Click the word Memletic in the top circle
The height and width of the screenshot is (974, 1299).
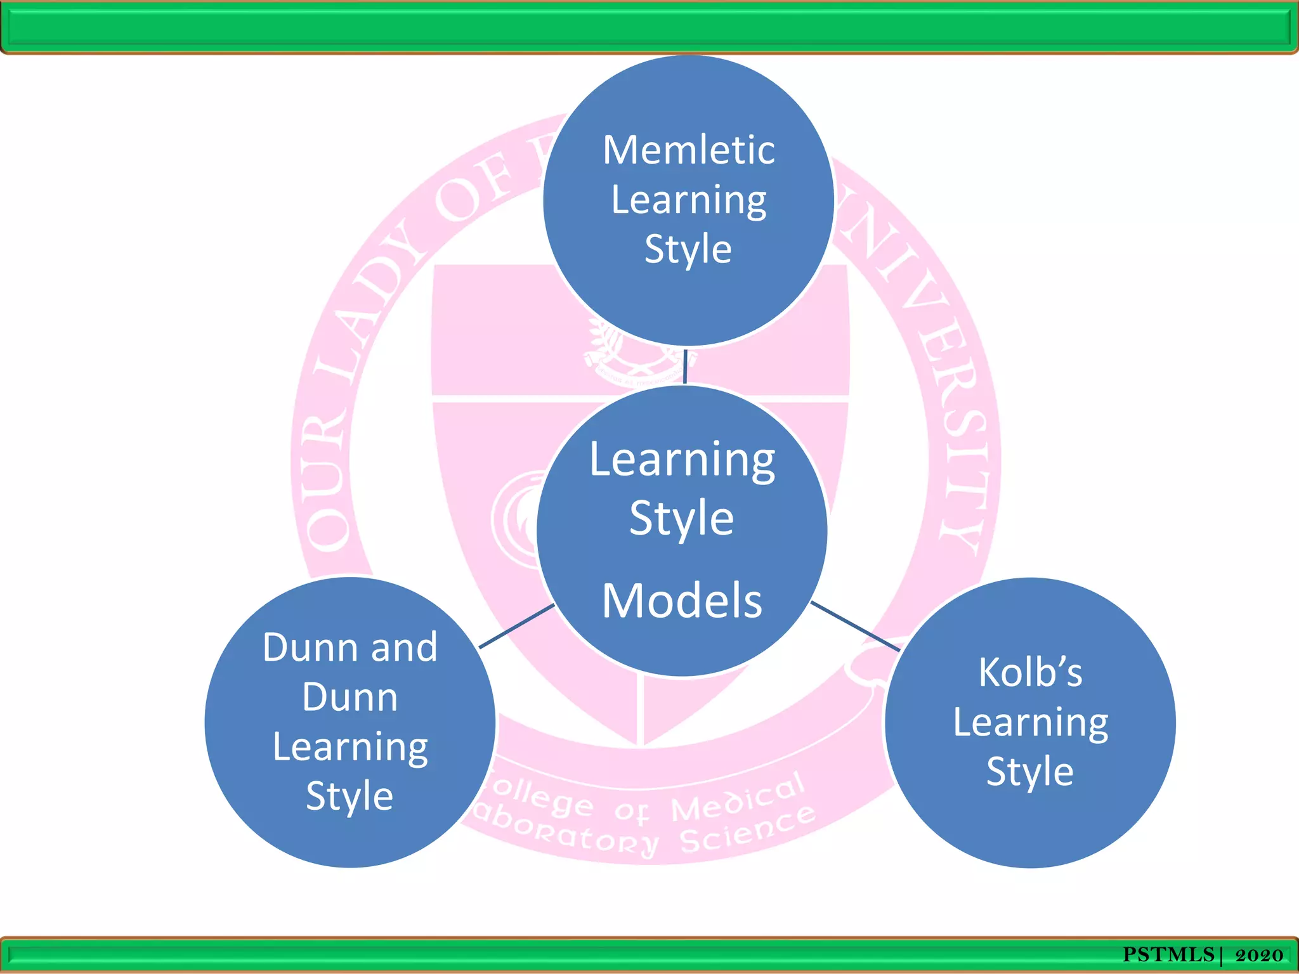[688, 150]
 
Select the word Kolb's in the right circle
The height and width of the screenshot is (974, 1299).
[1030, 672]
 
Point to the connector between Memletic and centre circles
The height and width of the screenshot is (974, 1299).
[685, 366]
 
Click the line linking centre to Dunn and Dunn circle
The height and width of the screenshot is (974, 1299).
[516, 627]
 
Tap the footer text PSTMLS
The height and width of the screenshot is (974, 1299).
[1168, 954]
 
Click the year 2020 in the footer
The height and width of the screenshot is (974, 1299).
[1259, 955]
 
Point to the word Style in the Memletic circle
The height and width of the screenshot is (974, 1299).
[688, 249]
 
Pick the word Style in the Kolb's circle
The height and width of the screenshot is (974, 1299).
[1030, 772]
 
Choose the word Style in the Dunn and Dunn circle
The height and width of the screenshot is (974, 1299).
[349, 796]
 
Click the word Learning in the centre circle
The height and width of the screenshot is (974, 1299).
[682, 460]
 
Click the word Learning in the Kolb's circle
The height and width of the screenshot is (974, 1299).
[1030, 723]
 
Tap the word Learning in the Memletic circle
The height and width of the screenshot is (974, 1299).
[688, 200]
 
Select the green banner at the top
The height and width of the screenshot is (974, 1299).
[649, 27]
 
